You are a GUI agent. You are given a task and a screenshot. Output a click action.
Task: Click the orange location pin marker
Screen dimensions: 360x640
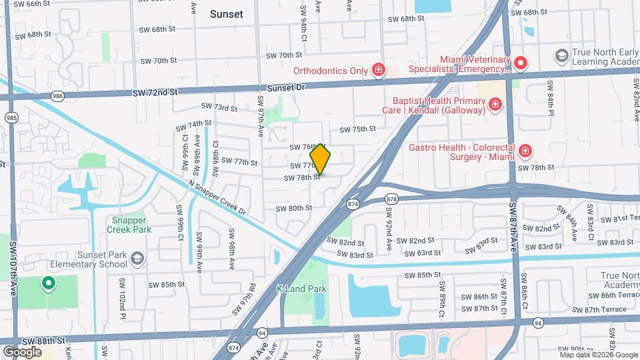[x=321, y=159]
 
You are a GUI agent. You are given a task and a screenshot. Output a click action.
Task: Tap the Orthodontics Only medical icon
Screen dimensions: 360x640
[x=379, y=70]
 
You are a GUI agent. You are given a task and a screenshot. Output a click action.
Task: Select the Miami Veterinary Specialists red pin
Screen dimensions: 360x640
[x=520, y=63]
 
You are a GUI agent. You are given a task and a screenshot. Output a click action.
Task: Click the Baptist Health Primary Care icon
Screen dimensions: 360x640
[x=495, y=104]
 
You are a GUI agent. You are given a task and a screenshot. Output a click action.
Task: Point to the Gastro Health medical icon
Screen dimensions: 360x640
[x=525, y=151]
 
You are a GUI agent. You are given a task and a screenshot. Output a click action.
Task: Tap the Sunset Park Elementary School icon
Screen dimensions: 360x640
[x=137, y=259]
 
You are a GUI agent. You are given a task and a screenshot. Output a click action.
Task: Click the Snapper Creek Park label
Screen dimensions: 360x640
[x=129, y=225]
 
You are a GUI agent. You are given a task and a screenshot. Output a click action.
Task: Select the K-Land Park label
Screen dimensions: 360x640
[x=301, y=289]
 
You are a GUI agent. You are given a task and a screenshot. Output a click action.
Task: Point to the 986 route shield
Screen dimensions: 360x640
[x=57, y=97]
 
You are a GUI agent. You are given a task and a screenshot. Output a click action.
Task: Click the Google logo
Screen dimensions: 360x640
[x=22, y=351]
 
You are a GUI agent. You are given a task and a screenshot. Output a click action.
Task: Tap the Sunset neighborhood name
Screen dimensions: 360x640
[x=227, y=13]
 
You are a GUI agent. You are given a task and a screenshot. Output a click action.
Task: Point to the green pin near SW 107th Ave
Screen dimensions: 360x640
[x=48, y=284]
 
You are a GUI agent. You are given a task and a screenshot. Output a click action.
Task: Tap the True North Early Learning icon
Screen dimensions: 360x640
[x=561, y=55]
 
